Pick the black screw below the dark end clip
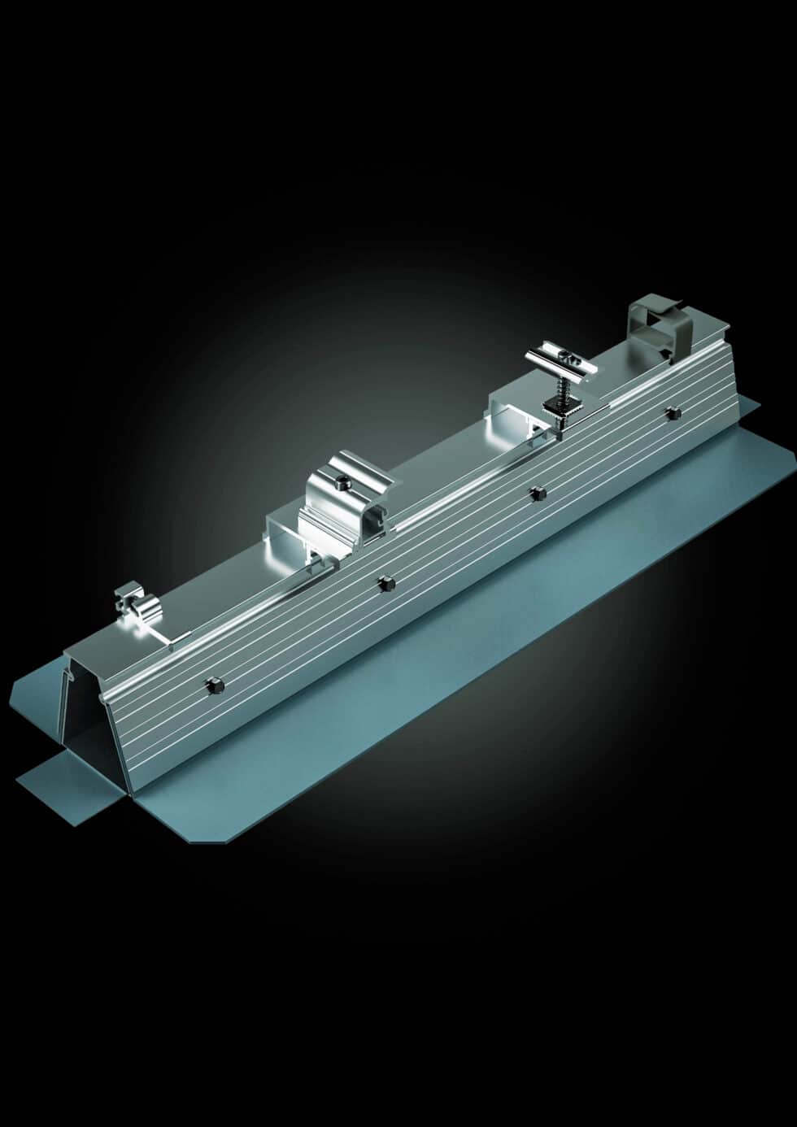pos(671,413)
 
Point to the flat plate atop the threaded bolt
pos(560,361)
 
